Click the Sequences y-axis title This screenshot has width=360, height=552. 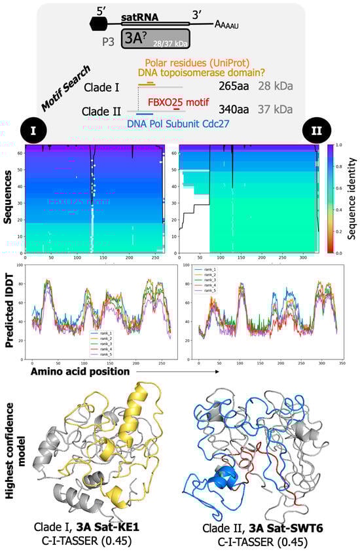[x=9, y=198]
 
